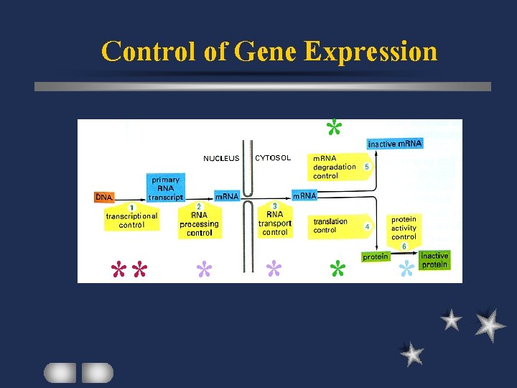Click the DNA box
(106, 197)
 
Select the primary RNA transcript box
(166, 188)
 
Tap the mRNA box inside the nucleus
(227, 196)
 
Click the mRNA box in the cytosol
(304, 195)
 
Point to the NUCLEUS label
(221, 159)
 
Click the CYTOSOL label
(273, 158)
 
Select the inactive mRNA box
(395, 144)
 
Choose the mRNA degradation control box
(335, 167)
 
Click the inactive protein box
(434, 260)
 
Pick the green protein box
(376, 257)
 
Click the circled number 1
(131, 208)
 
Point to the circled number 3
(274, 206)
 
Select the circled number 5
(367, 167)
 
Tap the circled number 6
(404, 246)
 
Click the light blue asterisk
(406, 269)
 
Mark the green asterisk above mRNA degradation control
(333, 128)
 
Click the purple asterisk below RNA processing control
(205, 269)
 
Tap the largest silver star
(490, 324)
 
